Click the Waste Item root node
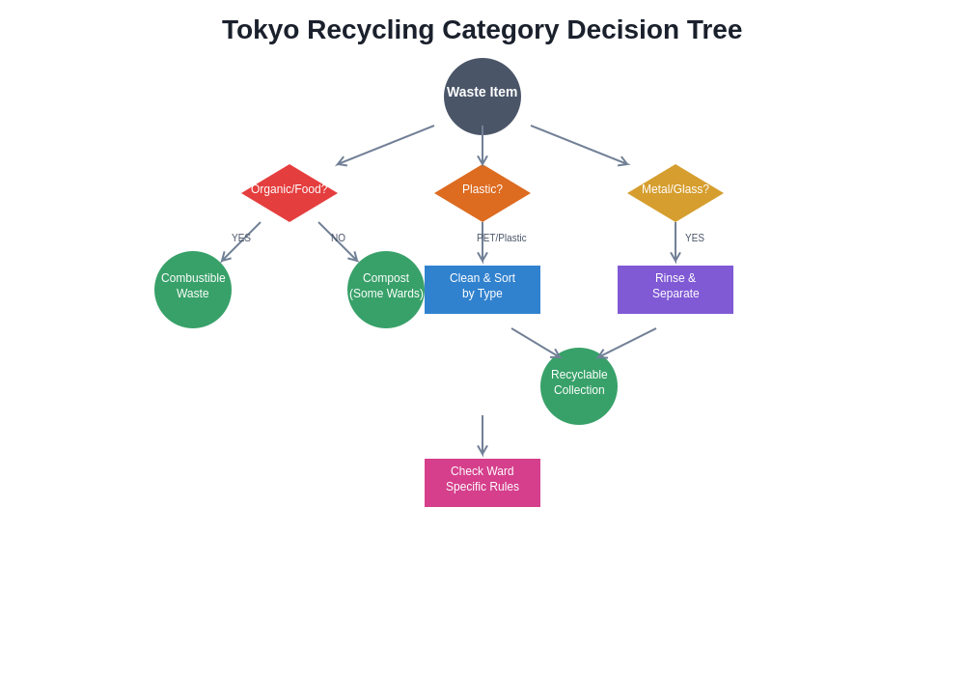482,96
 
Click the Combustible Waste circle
193,290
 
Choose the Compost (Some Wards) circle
386,290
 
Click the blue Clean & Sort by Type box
482,290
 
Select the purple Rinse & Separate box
675,290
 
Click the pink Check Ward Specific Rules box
482,483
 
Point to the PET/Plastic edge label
502,239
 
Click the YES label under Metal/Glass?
695,239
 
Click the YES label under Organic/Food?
240,239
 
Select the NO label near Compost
338,239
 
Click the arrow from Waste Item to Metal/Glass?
579,145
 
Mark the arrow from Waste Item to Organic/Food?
386,145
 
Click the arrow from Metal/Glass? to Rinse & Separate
675,241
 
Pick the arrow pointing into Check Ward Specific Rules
482,435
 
